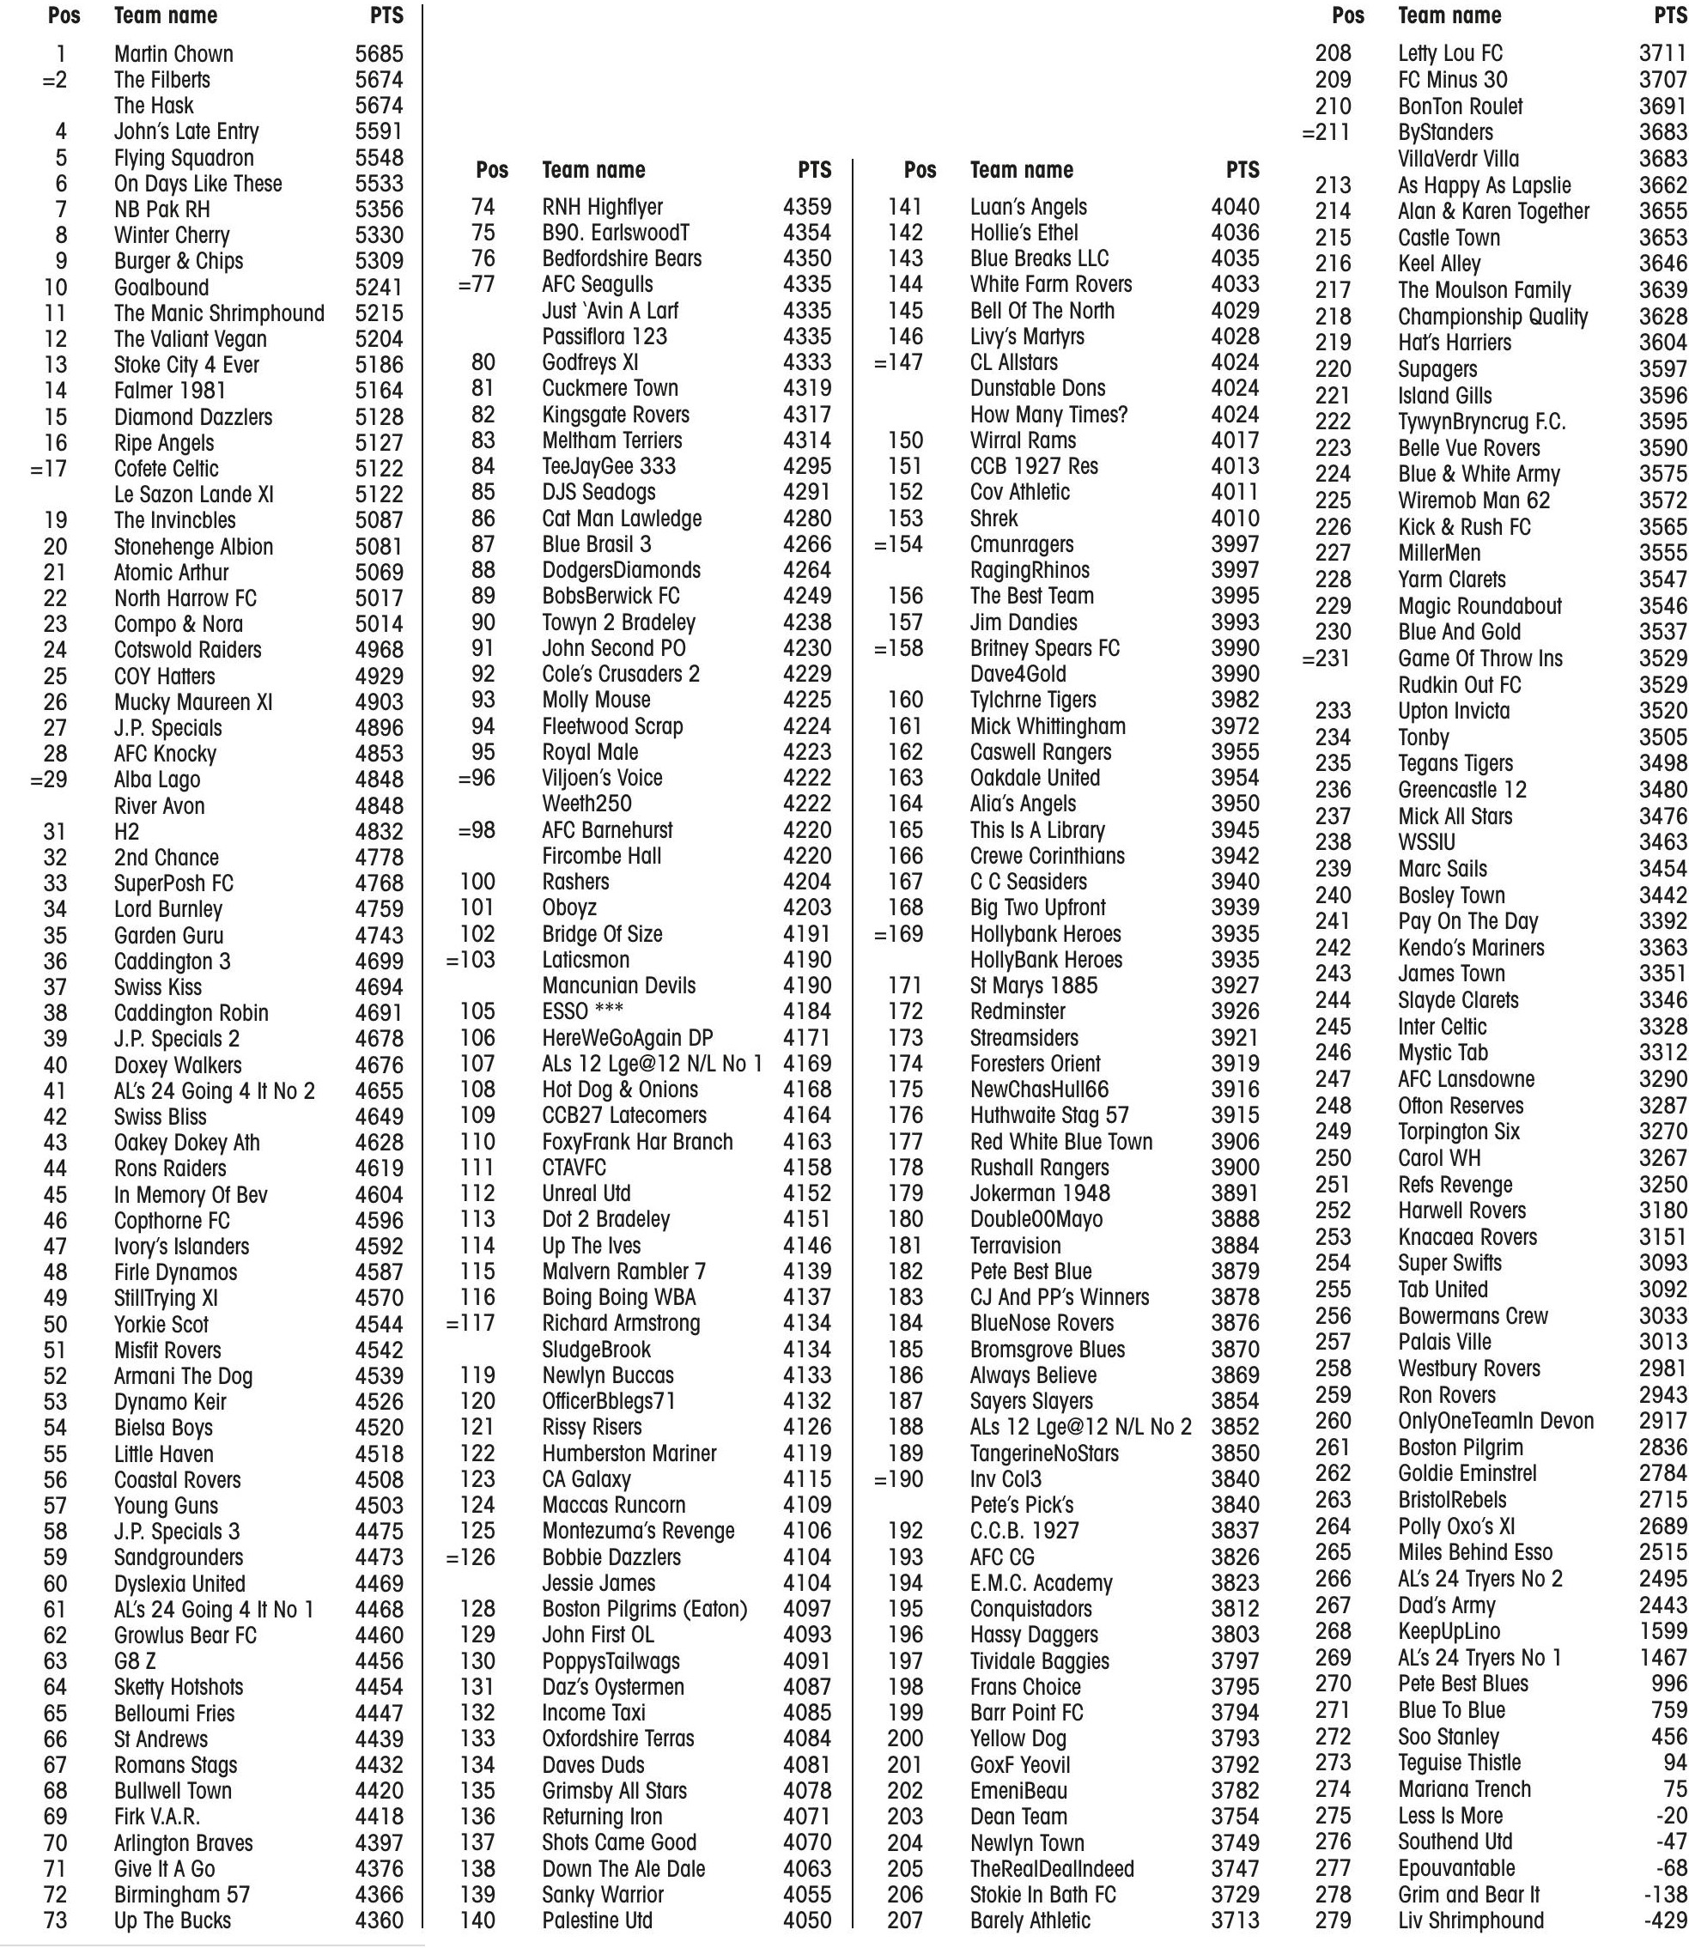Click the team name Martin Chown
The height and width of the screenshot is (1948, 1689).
click(173, 54)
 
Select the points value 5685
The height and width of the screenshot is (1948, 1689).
click(379, 54)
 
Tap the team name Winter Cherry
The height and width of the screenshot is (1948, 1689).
click(172, 235)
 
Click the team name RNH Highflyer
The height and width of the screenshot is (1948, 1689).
click(602, 207)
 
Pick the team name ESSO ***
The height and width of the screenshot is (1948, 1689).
click(582, 1011)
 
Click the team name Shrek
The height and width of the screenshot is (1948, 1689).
click(993, 519)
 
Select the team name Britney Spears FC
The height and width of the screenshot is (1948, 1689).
click(1044, 648)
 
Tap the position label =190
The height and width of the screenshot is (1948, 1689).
click(898, 1478)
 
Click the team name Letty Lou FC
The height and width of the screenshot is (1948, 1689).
click(1449, 54)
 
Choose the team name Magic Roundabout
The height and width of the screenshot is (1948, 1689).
click(1479, 606)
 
